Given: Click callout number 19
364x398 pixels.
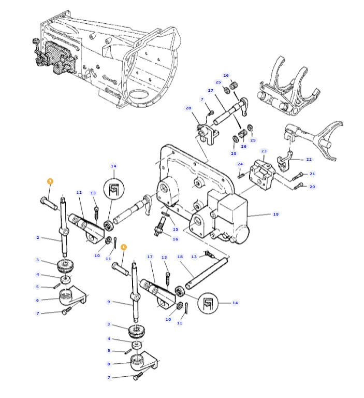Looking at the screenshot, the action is (276, 214).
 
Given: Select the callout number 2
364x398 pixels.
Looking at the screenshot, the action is (38, 237).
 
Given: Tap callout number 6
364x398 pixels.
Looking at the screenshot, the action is (38, 300).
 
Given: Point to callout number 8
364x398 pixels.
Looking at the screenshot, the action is (109, 364).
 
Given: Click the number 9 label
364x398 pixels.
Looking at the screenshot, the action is (109, 302).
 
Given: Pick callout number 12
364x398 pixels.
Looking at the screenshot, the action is (79, 192).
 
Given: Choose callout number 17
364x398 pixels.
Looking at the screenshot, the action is (150, 257).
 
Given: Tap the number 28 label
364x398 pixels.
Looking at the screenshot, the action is (188, 108).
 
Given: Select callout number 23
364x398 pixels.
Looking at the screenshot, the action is (264, 151).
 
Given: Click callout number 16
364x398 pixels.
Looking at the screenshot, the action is (176, 239).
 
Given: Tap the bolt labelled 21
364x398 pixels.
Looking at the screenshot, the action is (298, 176).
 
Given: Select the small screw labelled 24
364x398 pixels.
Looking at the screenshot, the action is (241, 175).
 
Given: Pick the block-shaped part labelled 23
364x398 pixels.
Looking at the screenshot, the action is (262, 175).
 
